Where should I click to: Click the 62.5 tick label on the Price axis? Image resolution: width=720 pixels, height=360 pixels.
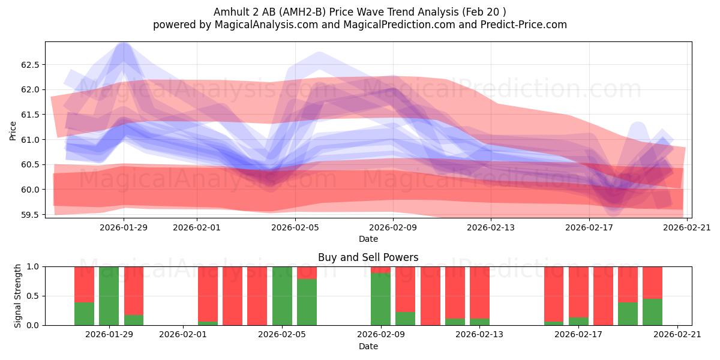click(30, 65)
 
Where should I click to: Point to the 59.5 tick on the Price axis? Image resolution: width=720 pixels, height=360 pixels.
click(30, 215)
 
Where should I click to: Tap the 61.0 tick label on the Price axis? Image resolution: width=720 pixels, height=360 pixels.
click(30, 140)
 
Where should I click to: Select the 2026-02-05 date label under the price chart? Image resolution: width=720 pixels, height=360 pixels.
click(295, 227)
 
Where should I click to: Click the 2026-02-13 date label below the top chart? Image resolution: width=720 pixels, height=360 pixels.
click(491, 227)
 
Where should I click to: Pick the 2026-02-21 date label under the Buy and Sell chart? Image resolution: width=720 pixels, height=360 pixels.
click(677, 334)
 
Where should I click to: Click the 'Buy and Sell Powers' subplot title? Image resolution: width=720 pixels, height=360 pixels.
click(368, 257)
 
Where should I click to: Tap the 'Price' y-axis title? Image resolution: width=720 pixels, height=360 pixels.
click(13, 131)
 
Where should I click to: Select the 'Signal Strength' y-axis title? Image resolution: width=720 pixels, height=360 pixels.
click(17, 296)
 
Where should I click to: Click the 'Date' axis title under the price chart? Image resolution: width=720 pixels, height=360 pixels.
click(368, 239)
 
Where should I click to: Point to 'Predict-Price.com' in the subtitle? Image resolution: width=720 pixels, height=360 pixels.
click(524, 25)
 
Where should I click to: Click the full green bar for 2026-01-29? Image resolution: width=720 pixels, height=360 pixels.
click(109, 296)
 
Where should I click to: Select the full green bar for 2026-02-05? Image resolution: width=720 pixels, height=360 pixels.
click(282, 296)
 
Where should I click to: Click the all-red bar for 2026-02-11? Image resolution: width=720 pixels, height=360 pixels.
click(430, 296)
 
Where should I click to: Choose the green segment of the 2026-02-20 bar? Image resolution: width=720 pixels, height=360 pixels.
click(653, 312)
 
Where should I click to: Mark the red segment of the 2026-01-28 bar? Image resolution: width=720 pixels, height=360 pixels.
click(84, 284)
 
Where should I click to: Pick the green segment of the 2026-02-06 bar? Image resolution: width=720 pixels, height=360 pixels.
click(307, 302)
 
